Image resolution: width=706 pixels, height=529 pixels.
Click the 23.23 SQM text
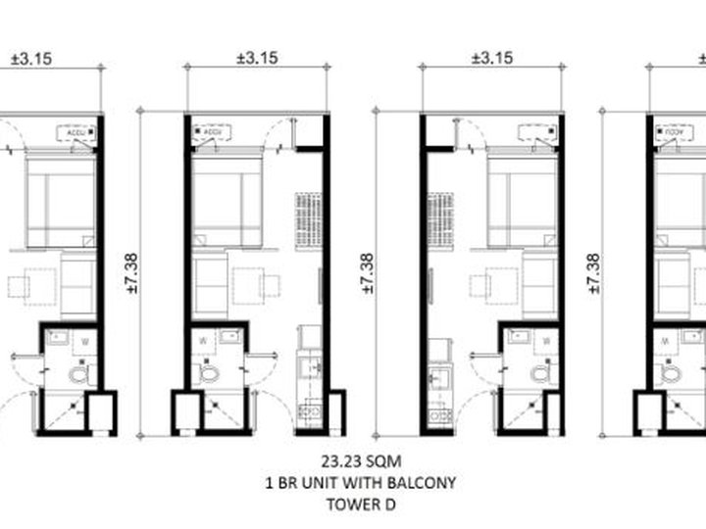353,459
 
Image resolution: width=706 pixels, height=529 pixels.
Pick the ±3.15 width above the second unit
257,58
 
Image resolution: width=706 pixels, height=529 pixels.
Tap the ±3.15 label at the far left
31,58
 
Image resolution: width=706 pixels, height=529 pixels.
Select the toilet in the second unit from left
210,373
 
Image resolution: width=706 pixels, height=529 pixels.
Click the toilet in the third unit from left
539,373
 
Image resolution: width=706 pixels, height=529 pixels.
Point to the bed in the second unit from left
227,200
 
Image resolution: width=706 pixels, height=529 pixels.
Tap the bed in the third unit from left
524,200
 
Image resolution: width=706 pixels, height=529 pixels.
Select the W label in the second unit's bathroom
203,341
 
